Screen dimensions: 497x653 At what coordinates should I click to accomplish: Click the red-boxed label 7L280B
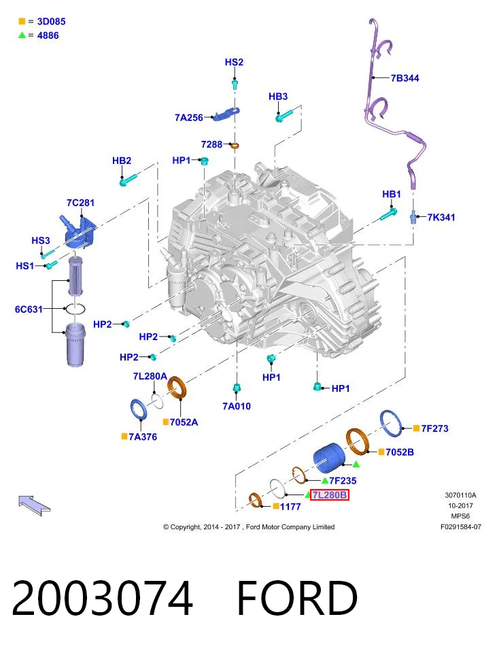(x=329, y=495)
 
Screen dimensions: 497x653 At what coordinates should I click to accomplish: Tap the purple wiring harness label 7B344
(x=405, y=78)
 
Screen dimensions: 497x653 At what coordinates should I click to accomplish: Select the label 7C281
(x=80, y=203)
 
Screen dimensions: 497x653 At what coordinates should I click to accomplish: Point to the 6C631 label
(x=29, y=309)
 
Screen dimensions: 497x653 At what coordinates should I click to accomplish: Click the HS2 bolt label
(x=234, y=62)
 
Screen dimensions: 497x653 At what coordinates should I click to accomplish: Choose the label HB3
(x=278, y=96)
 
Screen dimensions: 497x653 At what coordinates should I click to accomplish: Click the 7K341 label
(x=441, y=217)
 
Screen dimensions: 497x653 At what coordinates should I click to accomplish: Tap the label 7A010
(x=237, y=406)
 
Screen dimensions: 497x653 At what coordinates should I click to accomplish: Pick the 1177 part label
(x=290, y=506)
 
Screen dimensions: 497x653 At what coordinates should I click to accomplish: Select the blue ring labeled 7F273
(x=392, y=423)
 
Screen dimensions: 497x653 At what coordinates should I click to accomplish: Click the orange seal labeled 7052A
(x=177, y=387)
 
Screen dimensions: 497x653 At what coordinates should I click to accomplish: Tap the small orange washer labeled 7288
(x=235, y=146)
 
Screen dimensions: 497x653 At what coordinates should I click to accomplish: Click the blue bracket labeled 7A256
(x=227, y=114)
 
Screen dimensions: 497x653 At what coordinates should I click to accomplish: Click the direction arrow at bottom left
(x=34, y=505)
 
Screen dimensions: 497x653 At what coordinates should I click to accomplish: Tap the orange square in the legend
(x=22, y=21)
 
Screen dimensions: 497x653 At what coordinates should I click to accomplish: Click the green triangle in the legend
(x=22, y=35)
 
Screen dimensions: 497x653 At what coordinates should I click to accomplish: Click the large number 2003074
(x=103, y=598)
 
